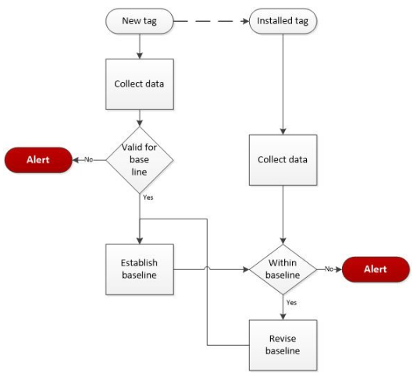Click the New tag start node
tap(140, 21)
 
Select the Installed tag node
tap(282, 21)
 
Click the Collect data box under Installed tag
tap(283, 160)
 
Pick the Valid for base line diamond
tap(140, 160)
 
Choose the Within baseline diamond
tap(283, 269)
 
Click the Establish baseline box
tap(140, 269)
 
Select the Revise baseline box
tap(283, 344)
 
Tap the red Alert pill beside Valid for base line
tap(37, 160)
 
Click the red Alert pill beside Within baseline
tap(375, 269)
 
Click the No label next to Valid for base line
tap(88, 160)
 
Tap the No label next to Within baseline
tap(329, 269)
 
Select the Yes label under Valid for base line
tap(148, 197)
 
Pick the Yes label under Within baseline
tap(290, 302)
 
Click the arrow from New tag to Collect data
tap(140, 46)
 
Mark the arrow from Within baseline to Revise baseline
tap(283, 308)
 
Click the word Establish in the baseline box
tap(140, 263)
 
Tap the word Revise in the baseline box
tap(283, 338)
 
